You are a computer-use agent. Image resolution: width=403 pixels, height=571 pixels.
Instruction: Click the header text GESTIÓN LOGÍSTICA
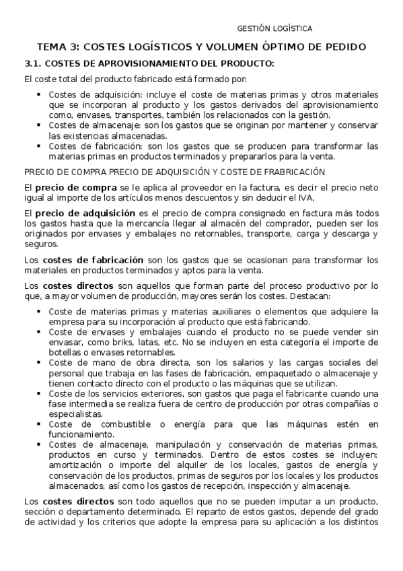274,29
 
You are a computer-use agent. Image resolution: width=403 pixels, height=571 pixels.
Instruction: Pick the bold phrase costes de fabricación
93,259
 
